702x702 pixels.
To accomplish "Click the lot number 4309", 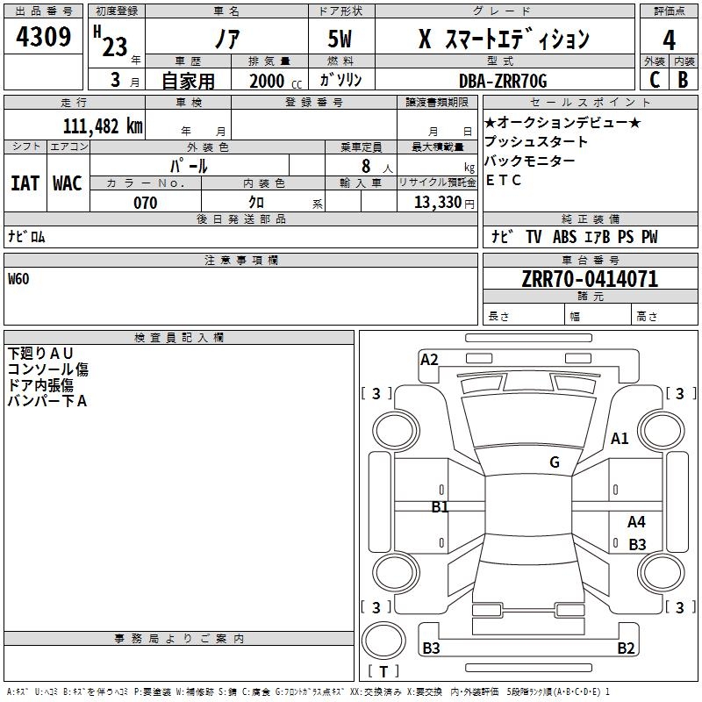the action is point(43,36).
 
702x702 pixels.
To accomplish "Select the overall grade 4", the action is point(669,39).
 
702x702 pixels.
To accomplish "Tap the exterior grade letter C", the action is point(655,80).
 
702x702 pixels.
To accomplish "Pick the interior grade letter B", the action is point(683,80).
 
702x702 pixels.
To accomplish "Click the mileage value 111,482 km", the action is point(103,125).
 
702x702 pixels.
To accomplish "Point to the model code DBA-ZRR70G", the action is point(503,81).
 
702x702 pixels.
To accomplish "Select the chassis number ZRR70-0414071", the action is point(590,278).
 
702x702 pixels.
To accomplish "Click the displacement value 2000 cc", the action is point(276,81).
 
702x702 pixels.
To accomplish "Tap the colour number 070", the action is point(146,203).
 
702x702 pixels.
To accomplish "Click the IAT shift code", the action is point(25,183).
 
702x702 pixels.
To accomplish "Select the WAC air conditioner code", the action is point(68,183).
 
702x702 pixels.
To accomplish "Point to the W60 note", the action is point(18,279).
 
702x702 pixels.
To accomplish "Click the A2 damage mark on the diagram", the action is point(429,360).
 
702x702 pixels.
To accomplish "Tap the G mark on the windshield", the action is point(555,462).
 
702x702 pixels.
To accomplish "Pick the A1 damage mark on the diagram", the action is point(620,438).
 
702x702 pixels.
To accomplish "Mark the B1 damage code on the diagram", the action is point(440,506).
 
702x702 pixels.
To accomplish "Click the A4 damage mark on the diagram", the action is point(636,521).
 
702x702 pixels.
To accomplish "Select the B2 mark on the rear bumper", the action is point(626,648).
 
